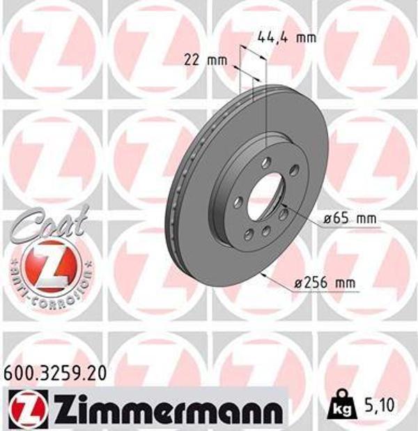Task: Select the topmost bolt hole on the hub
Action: (x=266, y=162)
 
